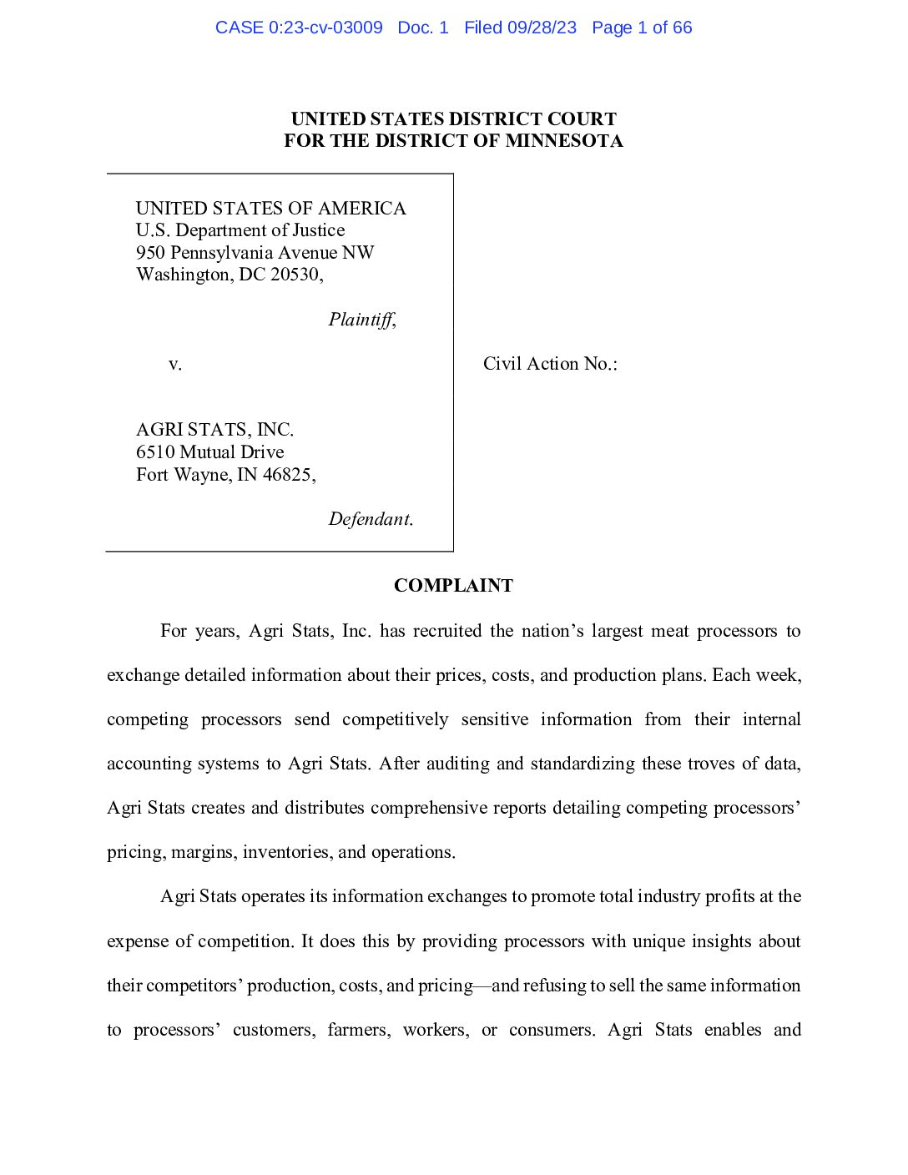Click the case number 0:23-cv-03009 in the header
[x=325, y=28]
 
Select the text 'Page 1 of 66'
[x=642, y=28]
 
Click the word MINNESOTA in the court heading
[x=564, y=141]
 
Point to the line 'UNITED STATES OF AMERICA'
[x=271, y=209]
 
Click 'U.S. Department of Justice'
[x=240, y=230]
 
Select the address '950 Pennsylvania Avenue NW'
[x=255, y=253]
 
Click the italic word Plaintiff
[x=361, y=320]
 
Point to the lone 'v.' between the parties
[x=175, y=364]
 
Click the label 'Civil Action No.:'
[x=550, y=364]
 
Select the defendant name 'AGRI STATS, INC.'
[x=215, y=430]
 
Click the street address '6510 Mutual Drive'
[x=210, y=452]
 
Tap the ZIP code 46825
[x=287, y=475]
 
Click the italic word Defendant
[x=370, y=519]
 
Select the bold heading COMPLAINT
[x=453, y=586]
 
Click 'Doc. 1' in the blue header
[x=423, y=28]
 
